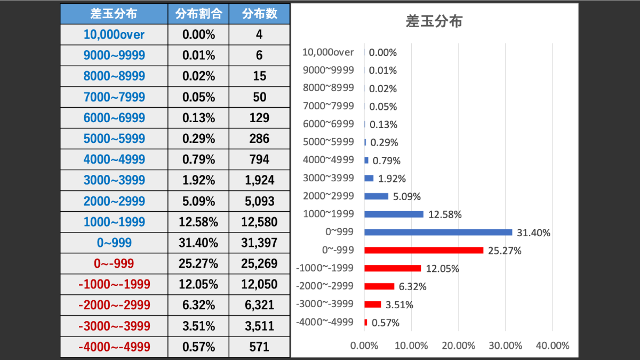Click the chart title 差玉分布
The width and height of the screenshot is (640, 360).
tap(434, 21)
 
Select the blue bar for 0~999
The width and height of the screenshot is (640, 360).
tap(438, 232)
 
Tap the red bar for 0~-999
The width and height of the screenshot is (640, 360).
tap(423, 250)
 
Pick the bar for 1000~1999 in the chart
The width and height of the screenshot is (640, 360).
tap(394, 214)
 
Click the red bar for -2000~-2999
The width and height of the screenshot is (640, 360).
tap(379, 286)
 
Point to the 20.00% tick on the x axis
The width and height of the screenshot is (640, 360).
tap(458, 345)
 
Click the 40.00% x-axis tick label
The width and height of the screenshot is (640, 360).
tap(553, 345)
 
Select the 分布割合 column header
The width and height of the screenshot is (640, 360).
tap(198, 14)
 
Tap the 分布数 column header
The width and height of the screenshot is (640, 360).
tap(259, 14)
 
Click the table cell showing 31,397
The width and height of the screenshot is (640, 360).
tap(259, 243)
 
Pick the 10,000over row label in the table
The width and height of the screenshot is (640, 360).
tap(114, 35)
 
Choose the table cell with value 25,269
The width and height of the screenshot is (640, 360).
tap(259, 263)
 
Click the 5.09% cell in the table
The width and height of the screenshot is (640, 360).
tap(198, 201)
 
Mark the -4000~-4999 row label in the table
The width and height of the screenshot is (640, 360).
tap(114, 347)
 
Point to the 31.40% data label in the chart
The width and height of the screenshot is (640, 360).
tap(534, 233)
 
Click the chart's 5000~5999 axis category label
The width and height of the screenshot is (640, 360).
tap(328, 142)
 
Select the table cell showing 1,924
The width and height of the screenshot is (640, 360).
tap(259, 180)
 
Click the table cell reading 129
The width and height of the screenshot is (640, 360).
tap(259, 118)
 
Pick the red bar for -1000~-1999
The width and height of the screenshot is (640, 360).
tap(393, 268)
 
